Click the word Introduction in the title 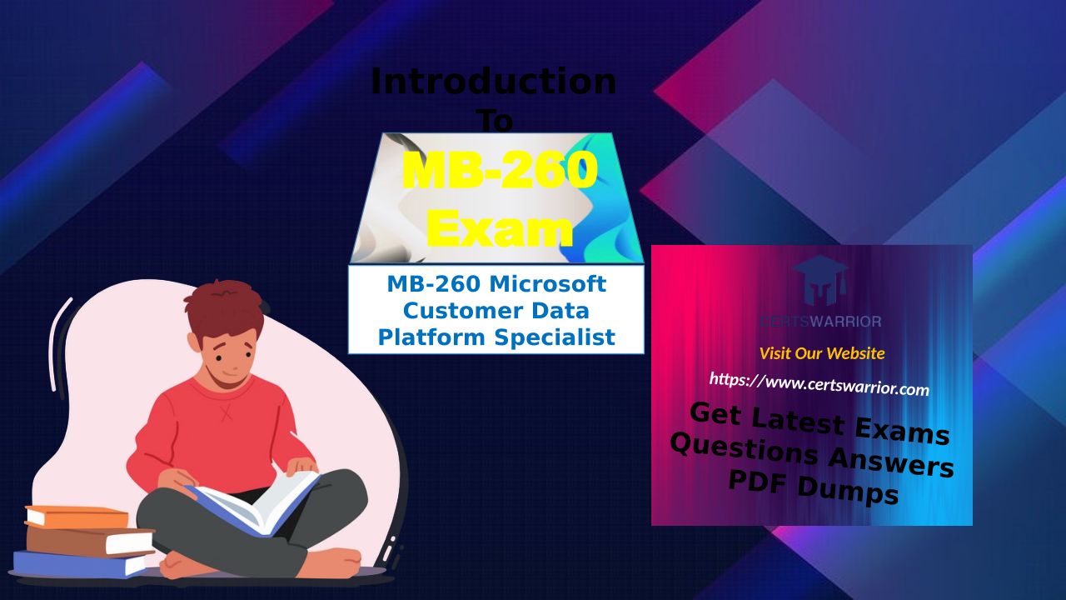tap(494, 82)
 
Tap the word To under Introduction tap(496, 121)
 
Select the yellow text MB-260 tap(500, 171)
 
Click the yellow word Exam tap(500, 228)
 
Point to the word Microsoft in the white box tap(548, 284)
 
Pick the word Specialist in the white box tap(555, 337)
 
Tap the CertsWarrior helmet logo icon tap(820, 281)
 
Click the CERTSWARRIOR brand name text tap(821, 322)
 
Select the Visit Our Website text tap(822, 353)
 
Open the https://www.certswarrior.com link tap(819, 384)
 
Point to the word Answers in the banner tap(891, 462)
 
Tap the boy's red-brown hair tap(225, 308)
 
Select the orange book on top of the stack tap(77, 517)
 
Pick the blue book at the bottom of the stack tap(79, 563)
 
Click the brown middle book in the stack tap(90, 542)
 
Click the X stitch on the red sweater tap(227, 412)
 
